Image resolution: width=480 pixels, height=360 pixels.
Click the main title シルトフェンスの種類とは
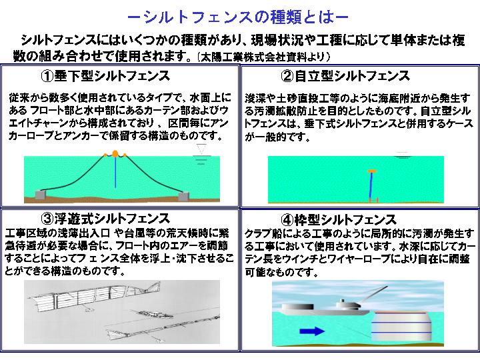238,17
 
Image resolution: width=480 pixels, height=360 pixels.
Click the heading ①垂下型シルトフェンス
105,76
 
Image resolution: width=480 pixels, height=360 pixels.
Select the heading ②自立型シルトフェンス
345,76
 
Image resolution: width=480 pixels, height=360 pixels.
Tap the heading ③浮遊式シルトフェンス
105,219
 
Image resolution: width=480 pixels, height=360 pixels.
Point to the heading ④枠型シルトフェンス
339,219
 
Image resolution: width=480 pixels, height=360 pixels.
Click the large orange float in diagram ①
115,154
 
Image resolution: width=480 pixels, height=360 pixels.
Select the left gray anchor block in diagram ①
41,195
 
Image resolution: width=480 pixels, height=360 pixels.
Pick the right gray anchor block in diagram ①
184,196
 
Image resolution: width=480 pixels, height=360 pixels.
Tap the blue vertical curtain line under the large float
115,173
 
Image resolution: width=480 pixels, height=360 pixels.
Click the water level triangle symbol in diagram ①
201,149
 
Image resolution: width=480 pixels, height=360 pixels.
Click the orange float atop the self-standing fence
372,171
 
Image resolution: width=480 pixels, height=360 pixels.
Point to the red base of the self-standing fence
374,200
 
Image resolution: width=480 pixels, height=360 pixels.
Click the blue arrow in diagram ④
312,331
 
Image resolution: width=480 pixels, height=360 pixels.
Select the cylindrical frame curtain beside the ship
401,326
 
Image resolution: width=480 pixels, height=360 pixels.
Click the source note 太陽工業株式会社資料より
264,57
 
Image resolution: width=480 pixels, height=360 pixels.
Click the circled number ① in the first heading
47,76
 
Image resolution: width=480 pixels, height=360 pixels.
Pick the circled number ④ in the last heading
287,220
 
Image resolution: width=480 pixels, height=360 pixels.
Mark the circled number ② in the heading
287,76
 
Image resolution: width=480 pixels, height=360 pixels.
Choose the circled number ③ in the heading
47,219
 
